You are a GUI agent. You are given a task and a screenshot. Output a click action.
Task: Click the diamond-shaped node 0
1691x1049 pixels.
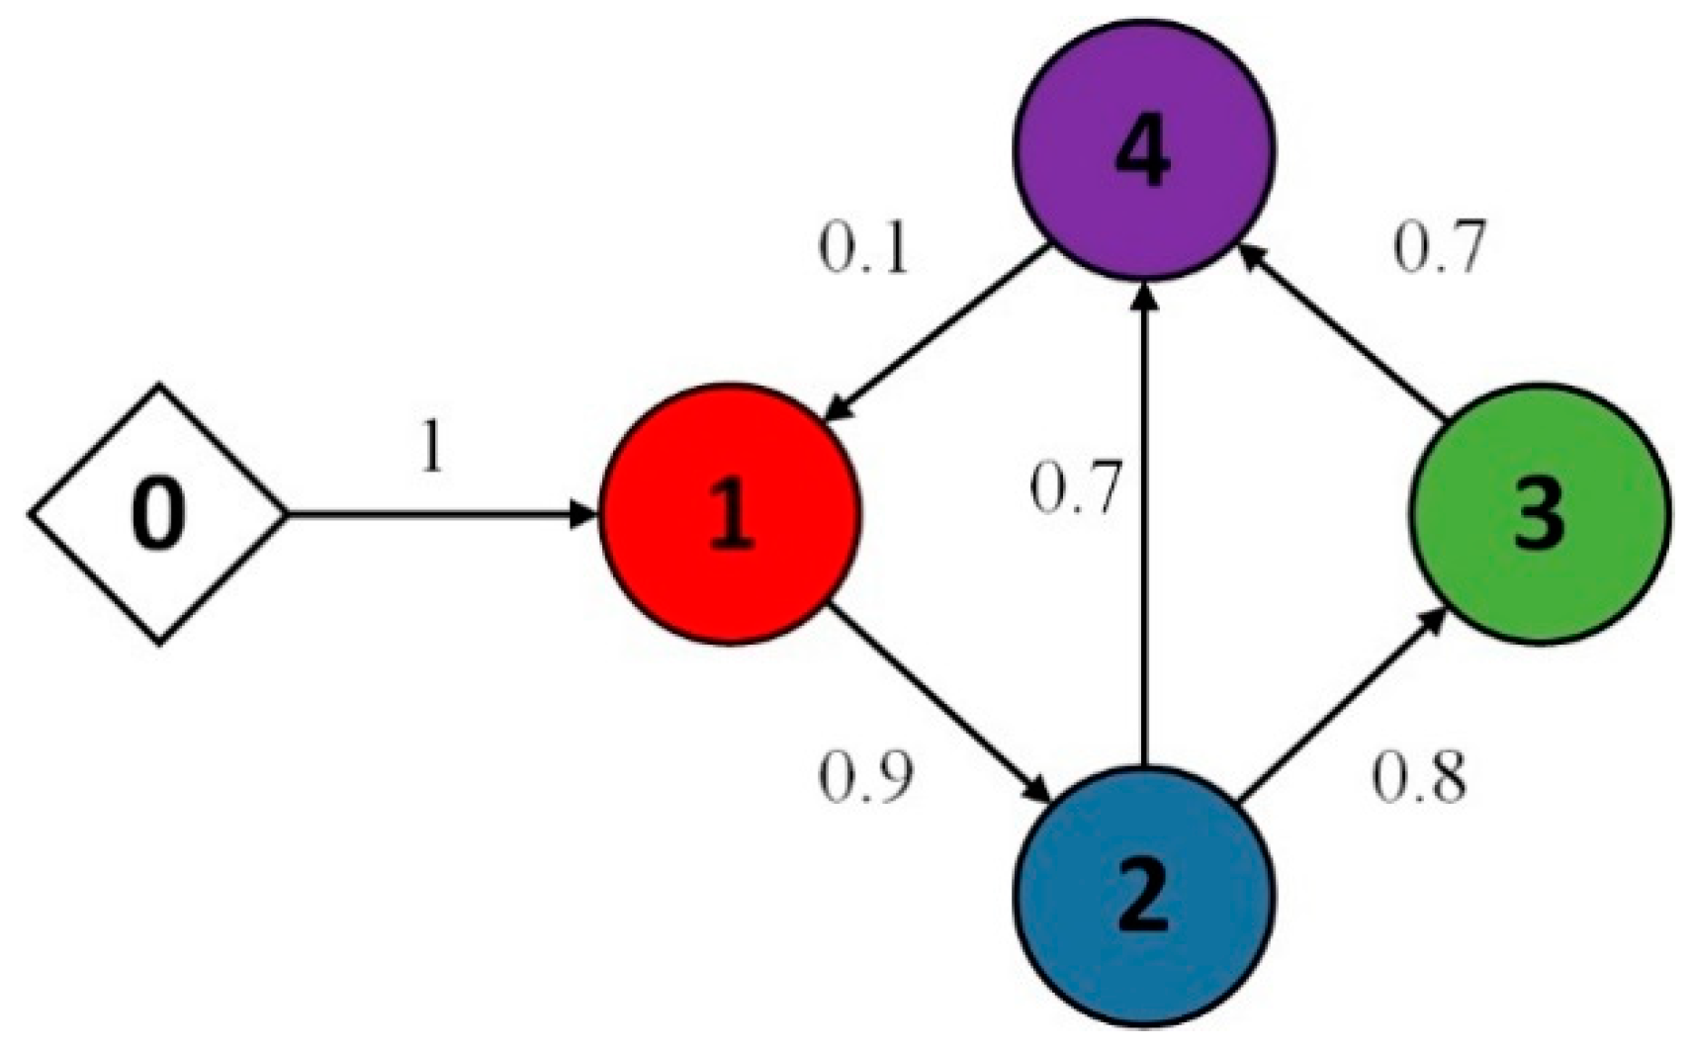tap(158, 514)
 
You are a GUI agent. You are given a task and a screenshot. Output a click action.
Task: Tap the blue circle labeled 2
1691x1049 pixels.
tap(1144, 895)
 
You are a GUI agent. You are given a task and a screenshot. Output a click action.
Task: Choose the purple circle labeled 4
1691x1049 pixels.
tap(1144, 148)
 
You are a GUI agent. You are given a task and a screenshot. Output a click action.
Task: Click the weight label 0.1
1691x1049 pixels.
tap(862, 250)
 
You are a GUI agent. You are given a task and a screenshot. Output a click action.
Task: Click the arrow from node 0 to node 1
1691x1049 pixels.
tap(435, 514)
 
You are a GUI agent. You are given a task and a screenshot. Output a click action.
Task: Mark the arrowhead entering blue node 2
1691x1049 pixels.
tap(1038, 791)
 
